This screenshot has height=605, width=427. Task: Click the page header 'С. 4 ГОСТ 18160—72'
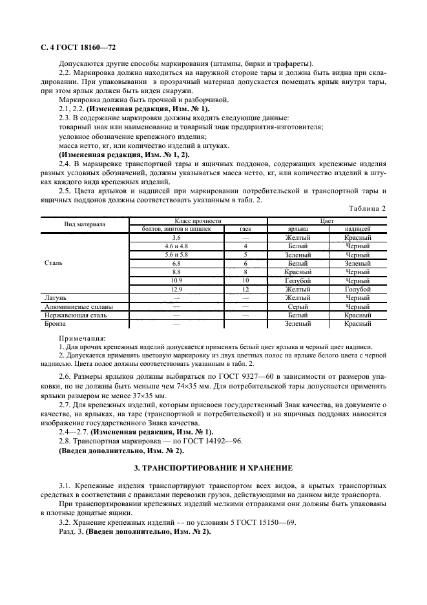74,48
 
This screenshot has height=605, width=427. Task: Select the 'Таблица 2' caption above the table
366,208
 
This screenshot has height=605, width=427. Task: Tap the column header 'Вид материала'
85,225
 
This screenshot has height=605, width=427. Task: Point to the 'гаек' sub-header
245,229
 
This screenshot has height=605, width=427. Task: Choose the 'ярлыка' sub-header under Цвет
298,229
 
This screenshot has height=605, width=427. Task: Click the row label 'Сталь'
54,263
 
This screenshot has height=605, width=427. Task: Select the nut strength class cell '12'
245,289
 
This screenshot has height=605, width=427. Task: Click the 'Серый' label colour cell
298,306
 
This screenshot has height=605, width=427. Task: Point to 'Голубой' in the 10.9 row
298,281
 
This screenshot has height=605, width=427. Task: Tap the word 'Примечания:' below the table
83,338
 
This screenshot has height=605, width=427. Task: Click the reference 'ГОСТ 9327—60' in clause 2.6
228,376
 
